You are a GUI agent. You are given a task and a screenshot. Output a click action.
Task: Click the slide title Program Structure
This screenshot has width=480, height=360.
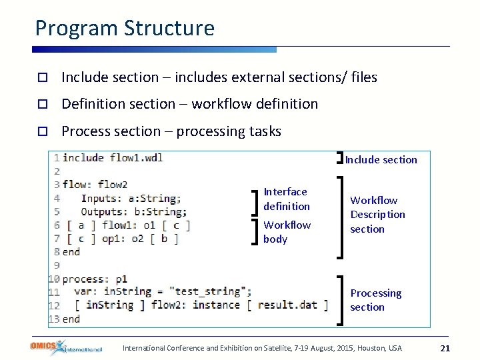pos(125,28)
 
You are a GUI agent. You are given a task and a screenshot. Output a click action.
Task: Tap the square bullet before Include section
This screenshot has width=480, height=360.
pos(41,78)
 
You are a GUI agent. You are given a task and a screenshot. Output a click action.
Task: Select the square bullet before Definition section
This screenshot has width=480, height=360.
pos(41,105)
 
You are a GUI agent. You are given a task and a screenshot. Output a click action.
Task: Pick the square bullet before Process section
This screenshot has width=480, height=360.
pos(41,132)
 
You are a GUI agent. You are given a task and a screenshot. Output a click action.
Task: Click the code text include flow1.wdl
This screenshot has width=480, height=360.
pos(113,158)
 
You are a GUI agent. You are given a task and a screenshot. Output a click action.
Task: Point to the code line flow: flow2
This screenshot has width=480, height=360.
pos(95,185)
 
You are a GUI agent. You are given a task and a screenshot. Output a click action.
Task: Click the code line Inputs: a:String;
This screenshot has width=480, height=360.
pos(130,198)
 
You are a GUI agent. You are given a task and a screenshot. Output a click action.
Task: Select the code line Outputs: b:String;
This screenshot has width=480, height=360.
pos(133,212)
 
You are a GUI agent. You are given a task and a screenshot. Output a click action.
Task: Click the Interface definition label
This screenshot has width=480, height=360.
pos(287,199)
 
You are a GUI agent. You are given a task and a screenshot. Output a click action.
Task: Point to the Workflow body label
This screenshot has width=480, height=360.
pos(287,232)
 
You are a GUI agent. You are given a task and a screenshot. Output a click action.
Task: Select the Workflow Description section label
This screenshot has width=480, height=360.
pos(377,215)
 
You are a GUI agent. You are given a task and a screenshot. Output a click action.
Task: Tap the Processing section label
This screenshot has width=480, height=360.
pos(375,300)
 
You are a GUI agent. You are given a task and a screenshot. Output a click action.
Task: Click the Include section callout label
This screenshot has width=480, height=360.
pos(381,160)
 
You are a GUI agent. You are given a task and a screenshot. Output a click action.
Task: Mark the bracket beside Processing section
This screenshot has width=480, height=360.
pos(342,300)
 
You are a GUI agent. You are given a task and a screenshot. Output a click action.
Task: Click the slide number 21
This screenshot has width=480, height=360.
pos(446,348)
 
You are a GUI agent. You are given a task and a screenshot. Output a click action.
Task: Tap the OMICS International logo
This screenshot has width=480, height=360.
pos(65,347)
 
